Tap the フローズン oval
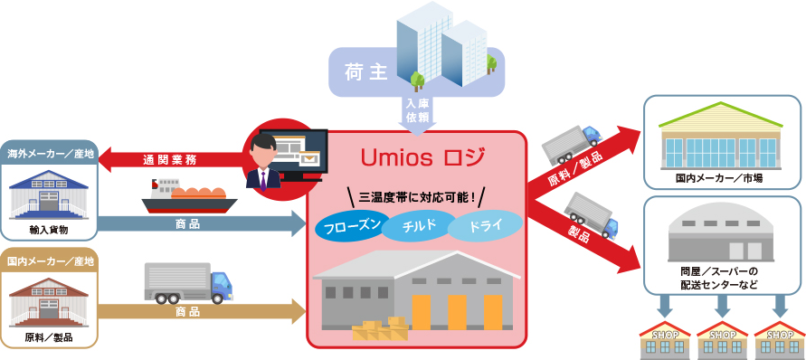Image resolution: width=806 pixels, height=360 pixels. pyautogui.click(x=347, y=225)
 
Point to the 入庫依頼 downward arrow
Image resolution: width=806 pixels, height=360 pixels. pyautogui.click(x=417, y=113)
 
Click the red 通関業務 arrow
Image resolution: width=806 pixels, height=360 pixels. pyautogui.click(x=167, y=160)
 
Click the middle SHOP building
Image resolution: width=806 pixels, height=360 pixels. pyautogui.click(x=723, y=339)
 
